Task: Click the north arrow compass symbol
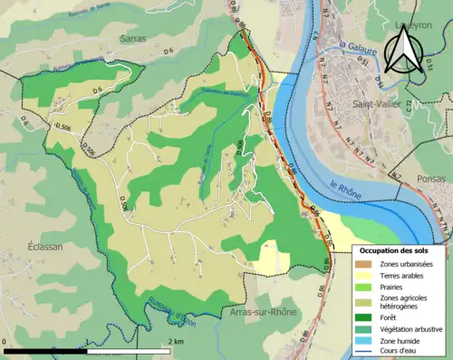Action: [x=402, y=50]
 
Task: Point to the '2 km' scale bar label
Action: [x=176, y=341]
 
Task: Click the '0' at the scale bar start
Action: [x=5, y=341]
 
